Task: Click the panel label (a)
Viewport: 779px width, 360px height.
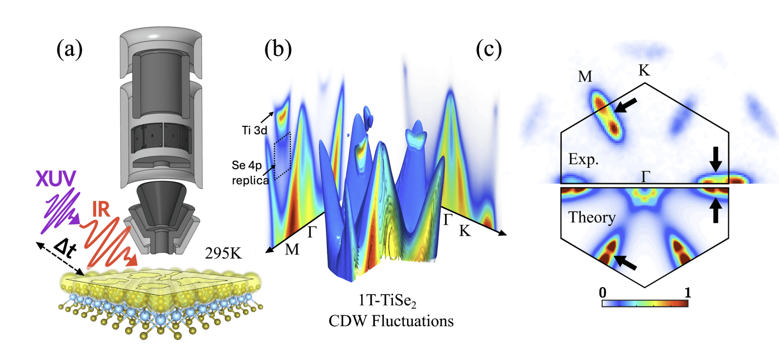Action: coord(69,49)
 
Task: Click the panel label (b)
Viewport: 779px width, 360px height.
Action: coord(278,49)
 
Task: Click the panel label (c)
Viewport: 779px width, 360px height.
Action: coord(489,49)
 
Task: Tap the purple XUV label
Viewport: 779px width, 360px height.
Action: coord(56,178)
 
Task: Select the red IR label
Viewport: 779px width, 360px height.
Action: coord(101,209)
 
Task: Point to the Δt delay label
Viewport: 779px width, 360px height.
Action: coord(65,248)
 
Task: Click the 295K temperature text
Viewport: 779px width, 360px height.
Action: coord(223,253)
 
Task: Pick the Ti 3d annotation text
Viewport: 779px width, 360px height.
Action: coord(254,130)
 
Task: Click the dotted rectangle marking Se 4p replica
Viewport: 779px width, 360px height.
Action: coord(282,156)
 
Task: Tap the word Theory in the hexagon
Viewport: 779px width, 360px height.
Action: coord(592,217)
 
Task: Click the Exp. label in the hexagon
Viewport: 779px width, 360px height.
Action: coord(583,159)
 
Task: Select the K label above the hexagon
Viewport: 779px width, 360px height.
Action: coord(644,70)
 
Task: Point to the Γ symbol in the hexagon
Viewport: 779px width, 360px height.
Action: coord(645,177)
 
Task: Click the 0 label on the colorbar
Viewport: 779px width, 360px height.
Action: coord(603,293)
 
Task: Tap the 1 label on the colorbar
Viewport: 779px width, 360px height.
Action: coord(687,293)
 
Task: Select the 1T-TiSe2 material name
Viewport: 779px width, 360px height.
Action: coord(387,301)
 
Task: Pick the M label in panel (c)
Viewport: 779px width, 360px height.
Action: coord(585,76)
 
